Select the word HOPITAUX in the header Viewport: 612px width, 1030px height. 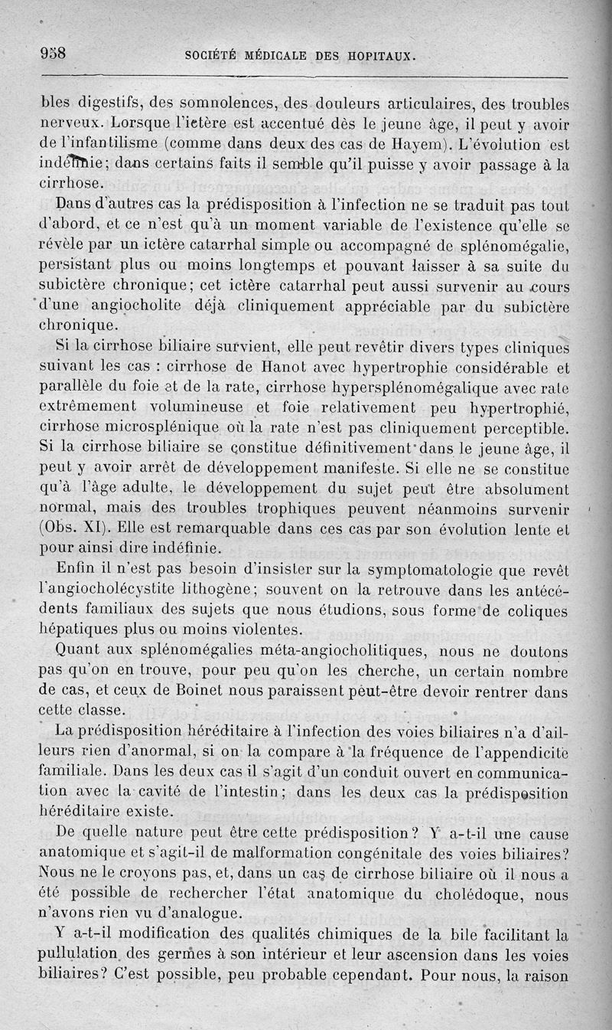tap(379, 56)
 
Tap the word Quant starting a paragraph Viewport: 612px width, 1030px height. tap(80, 650)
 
